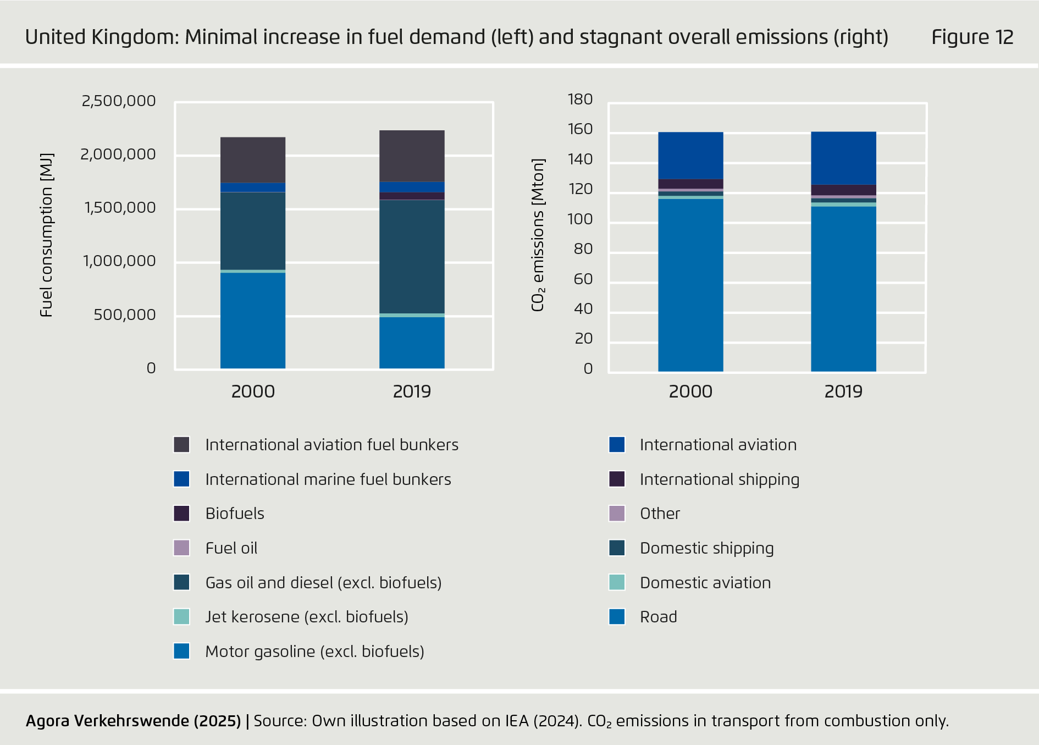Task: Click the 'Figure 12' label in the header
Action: coord(972,37)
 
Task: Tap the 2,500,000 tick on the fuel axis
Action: coord(119,101)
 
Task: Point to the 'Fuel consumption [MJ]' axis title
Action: coord(47,235)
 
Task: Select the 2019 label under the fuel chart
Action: coord(412,391)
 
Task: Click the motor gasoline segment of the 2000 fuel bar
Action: coord(253,320)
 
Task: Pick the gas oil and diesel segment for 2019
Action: coord(412,256)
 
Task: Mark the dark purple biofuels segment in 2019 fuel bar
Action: coord(412,196)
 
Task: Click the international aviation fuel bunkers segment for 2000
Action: coord(253,160)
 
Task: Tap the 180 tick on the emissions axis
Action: coord(580,100)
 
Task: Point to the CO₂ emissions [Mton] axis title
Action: coord(538,235)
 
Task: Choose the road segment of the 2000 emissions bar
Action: coord(690,284)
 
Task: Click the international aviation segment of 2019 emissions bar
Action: coord(843,158)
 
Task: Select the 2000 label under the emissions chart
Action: coord(690,391)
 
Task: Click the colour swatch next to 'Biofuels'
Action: coord(182,514)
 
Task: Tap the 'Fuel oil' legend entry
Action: coord(231,548)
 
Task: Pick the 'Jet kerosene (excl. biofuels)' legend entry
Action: coord(307,617)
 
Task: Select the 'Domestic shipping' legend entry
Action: coord(706,548)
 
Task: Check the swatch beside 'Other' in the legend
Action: coord(617,514)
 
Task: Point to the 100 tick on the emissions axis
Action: coord(580,219)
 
